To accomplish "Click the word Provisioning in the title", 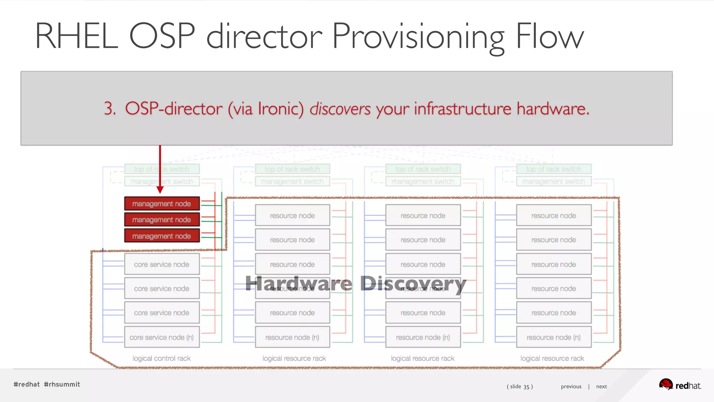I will click(x=418, y=37).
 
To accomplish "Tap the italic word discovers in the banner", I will click(x=340, y=109).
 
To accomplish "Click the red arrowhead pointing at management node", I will click(x=160, y=189).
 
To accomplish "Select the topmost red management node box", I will click(x=162, y=203).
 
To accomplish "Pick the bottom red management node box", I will click(x=162, y=236).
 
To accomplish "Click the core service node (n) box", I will click(x=162, y=337).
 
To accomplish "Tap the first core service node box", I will click(x=162, y=264).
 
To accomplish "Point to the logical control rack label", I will click(x=161, y=358).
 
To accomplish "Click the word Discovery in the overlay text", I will click(x=413, y=283).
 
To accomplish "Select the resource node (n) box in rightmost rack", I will click(x=554, y=337).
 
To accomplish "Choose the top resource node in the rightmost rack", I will click(x=554, y=215).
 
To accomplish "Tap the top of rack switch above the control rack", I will click(x=162, y=169).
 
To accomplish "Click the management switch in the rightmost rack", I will click(x=554, y=181).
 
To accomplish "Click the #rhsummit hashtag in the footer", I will click(x=62, y=384).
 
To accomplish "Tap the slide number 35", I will click(x=526, y=387).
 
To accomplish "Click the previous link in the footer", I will click(x=571, y=386).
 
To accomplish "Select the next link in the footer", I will click(x=601, y=386).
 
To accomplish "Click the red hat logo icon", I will click(x=666, y=384).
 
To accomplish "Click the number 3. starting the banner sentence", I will click(x=110, y=109).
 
